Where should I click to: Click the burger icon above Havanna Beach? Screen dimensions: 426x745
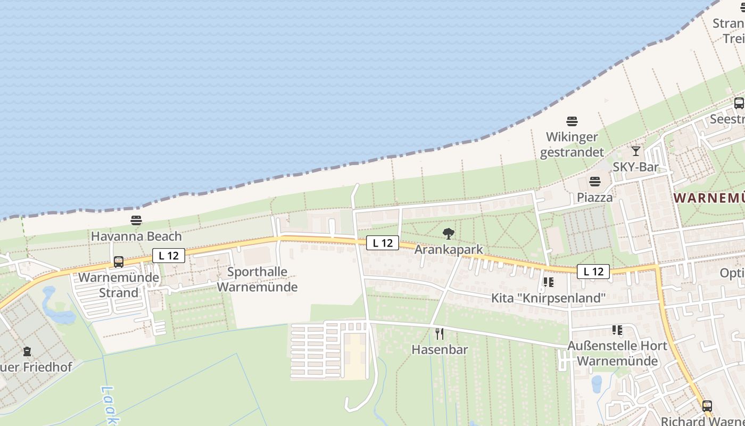click(136, 220)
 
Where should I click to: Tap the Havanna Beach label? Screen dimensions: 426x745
click(136, 236)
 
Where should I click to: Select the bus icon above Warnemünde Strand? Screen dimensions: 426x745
click(119, 262)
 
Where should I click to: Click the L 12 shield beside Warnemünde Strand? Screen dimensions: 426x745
click(169, 256)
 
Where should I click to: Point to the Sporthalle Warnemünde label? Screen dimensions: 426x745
click(257, 279)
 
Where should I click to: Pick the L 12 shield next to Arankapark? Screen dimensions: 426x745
click(383, 243)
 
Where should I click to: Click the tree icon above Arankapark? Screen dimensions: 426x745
click(449, 233)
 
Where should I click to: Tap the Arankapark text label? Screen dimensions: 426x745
click(449, 249)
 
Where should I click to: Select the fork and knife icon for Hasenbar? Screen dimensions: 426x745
click(440, 334)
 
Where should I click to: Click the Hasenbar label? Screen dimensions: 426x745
click(440, 350)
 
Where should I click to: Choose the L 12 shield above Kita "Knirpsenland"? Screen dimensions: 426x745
click(593, 272)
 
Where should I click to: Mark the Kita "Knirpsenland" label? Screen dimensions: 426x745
click(548, 298)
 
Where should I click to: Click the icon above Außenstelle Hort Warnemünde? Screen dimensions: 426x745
click(617, 330)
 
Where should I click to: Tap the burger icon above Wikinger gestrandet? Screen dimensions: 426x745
click(572, 121)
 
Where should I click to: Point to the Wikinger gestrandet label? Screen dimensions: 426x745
click(572, 144)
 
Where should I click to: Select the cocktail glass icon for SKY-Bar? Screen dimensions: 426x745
click(635, 151)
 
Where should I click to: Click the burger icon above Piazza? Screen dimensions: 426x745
click(595, 182)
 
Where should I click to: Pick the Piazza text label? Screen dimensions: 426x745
click(595, 197)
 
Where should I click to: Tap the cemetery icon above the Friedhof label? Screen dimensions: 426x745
click(27, 351)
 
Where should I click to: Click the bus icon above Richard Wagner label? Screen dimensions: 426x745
click(707, 406)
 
